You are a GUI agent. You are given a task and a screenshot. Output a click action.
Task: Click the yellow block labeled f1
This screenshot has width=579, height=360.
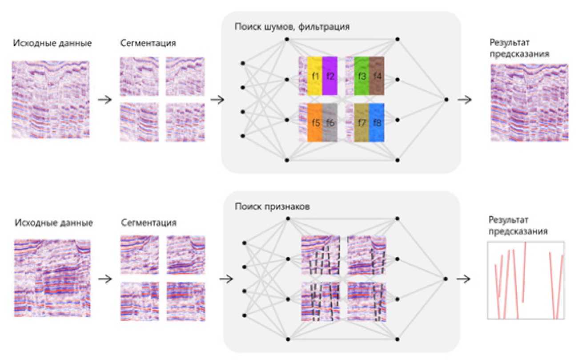315,76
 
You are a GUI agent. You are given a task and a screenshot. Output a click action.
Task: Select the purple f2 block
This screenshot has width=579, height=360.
330,76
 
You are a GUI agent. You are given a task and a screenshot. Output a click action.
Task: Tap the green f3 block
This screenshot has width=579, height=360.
362,76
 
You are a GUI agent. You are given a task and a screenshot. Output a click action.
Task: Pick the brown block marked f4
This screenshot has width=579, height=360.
376,76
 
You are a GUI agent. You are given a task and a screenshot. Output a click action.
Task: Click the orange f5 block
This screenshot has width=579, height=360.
315,123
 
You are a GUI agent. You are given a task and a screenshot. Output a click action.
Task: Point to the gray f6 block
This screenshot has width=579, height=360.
330,123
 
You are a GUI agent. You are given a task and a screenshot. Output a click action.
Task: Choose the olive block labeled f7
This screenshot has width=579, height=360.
362,123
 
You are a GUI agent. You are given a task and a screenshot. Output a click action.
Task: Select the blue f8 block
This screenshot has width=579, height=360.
376,123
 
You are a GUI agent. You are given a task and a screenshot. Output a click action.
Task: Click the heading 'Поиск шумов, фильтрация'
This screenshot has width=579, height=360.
292,27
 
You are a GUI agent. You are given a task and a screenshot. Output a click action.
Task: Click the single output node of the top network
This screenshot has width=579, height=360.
446,100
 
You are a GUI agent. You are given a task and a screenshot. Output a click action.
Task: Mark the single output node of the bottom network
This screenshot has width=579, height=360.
446,279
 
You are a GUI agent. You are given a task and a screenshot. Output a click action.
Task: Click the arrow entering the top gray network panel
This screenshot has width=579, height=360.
217,100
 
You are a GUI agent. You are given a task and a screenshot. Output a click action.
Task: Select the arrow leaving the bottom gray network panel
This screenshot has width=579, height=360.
465,279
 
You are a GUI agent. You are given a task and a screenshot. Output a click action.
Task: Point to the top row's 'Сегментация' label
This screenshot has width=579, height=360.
148,44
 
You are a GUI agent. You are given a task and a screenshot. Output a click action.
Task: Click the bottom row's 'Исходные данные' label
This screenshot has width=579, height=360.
53,222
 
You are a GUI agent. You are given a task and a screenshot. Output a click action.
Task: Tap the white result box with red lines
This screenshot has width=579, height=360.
526,280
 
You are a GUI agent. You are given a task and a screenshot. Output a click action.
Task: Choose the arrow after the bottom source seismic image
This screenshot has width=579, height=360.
105,279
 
